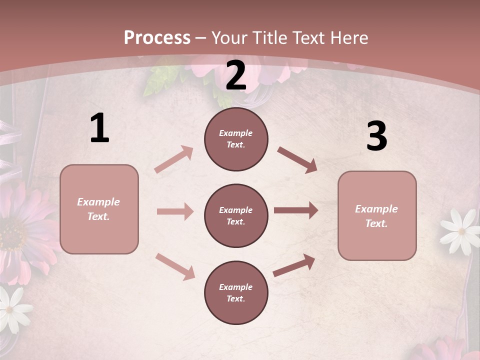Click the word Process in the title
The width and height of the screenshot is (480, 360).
157,38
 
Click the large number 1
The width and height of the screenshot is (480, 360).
99,128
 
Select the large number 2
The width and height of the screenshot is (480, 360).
236,76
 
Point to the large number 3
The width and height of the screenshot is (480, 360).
376,136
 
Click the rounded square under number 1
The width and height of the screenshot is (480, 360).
99,209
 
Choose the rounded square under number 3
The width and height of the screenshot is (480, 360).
377,215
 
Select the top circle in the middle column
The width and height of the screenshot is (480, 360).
236,139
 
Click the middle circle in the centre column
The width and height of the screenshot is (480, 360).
236,215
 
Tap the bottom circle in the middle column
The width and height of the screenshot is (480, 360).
236,292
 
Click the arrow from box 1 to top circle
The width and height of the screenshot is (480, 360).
173,159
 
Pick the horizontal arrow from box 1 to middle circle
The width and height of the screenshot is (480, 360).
174,211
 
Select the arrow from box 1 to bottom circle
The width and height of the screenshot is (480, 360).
175,266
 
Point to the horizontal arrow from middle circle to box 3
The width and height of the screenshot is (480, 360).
295,210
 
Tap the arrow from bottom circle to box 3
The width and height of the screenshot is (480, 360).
294,265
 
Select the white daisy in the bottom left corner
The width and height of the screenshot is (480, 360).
12,308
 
